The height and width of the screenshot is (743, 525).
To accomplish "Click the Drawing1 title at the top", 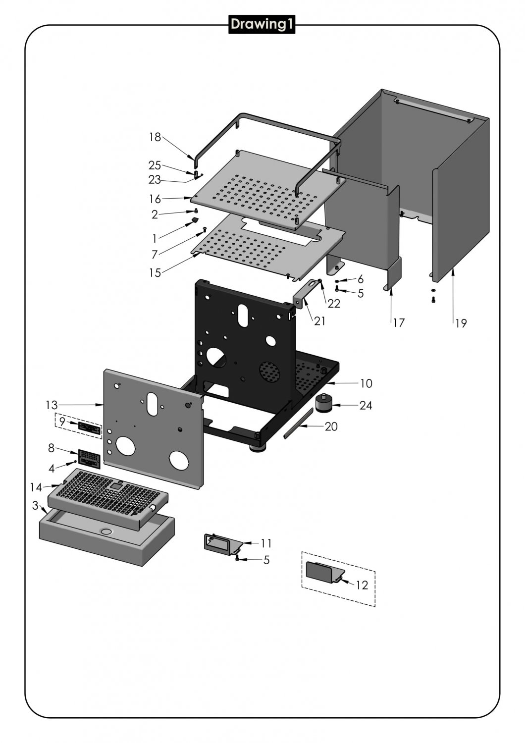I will pos(262,24).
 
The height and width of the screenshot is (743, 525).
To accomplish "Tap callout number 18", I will pos(155,137).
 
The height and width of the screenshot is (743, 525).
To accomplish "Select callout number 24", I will pos(366,405).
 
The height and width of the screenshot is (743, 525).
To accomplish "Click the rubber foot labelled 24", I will pos(324,403).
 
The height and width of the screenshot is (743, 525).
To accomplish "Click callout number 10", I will pos(366,383).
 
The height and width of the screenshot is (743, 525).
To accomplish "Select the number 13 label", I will pos(52,405).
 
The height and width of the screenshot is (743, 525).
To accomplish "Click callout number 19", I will pos(461,323).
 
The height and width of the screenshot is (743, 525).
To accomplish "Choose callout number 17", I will pos(399,323).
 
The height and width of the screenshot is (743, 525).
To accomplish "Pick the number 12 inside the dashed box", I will pos(362,585).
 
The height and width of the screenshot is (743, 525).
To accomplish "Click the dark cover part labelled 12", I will pos(321,571).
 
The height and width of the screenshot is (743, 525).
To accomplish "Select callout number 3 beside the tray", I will pos(35,506).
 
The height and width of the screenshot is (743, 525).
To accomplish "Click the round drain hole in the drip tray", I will pos(106,531).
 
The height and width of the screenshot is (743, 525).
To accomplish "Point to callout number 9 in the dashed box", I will pos(62,421).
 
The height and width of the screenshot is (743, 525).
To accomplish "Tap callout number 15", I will pos(155,272).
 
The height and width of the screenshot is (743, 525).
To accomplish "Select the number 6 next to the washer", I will pos(360,279).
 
